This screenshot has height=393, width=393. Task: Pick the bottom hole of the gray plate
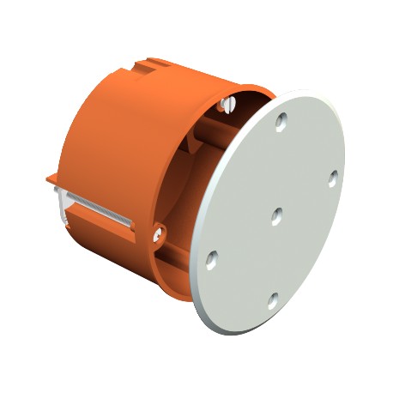[x=272, y=299]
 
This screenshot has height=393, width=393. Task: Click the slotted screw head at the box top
[x=227, y=102]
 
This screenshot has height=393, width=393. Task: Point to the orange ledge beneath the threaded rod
[x=94, y=225]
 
